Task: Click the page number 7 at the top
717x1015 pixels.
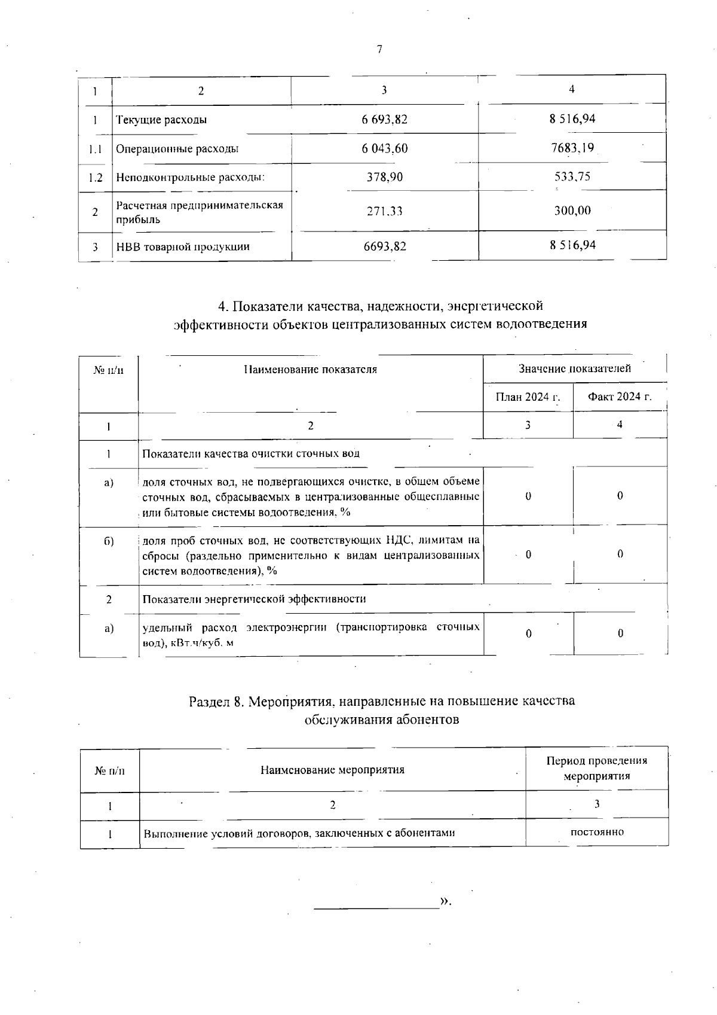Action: [379, 49]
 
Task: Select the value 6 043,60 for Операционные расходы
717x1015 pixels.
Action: [384, 148]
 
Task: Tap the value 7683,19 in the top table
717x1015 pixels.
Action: [572, 147]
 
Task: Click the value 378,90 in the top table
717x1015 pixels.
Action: [384, 177]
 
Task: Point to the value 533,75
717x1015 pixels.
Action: [572, 176]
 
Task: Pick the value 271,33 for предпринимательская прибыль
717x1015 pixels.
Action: [384, 211]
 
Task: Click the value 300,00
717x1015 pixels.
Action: [572, 211]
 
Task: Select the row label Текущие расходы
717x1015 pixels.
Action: [161, 120]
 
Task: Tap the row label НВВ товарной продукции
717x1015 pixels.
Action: [183, 246]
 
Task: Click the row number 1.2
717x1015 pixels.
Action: [95, 178]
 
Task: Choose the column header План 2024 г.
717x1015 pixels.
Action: [528, 397]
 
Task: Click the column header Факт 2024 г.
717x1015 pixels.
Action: [619, 397]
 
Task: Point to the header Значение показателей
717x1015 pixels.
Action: [574, 368]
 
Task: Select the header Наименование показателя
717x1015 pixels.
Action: [310, 369]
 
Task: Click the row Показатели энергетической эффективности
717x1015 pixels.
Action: [254, 599]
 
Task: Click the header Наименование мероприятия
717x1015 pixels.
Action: [332, 770]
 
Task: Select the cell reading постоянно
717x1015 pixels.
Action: [597, 832]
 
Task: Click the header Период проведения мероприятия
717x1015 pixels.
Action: [596, 768]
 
